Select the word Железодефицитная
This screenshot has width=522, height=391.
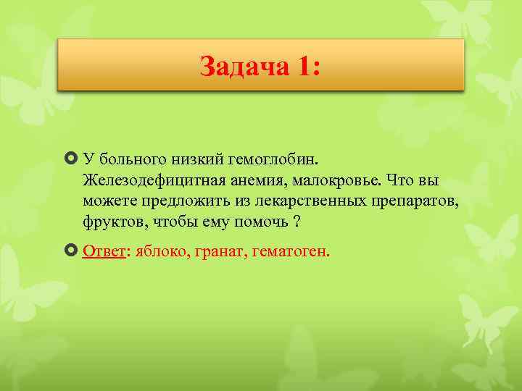[x=144, y=179]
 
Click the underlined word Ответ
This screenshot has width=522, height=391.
[x=104, y=251]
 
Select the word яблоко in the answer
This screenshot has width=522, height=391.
[x=155, y=251]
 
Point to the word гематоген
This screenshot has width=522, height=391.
[x=290, y=251]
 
